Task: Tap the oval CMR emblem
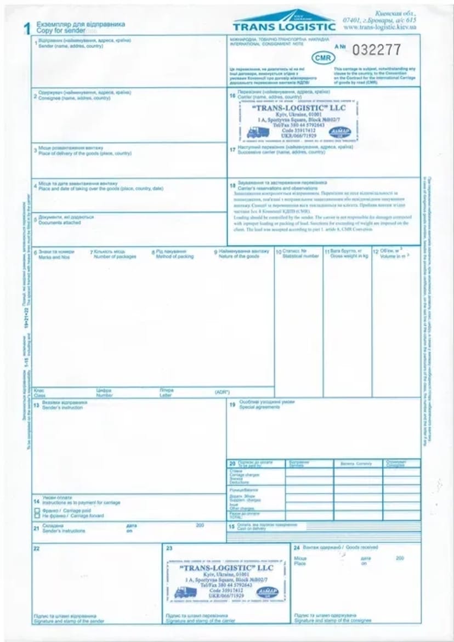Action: point(323,58)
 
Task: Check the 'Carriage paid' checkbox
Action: point(37,510)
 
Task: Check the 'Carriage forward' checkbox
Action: point(37,516)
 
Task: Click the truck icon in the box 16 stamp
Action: point(258,132)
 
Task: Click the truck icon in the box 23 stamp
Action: point(185,592)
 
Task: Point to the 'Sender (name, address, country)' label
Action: point(71,46)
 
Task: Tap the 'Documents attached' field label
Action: point(60,223)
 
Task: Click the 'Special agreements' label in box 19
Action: point(259,407)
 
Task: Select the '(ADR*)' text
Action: point(222,393)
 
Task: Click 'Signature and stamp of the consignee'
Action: point(332,621)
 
